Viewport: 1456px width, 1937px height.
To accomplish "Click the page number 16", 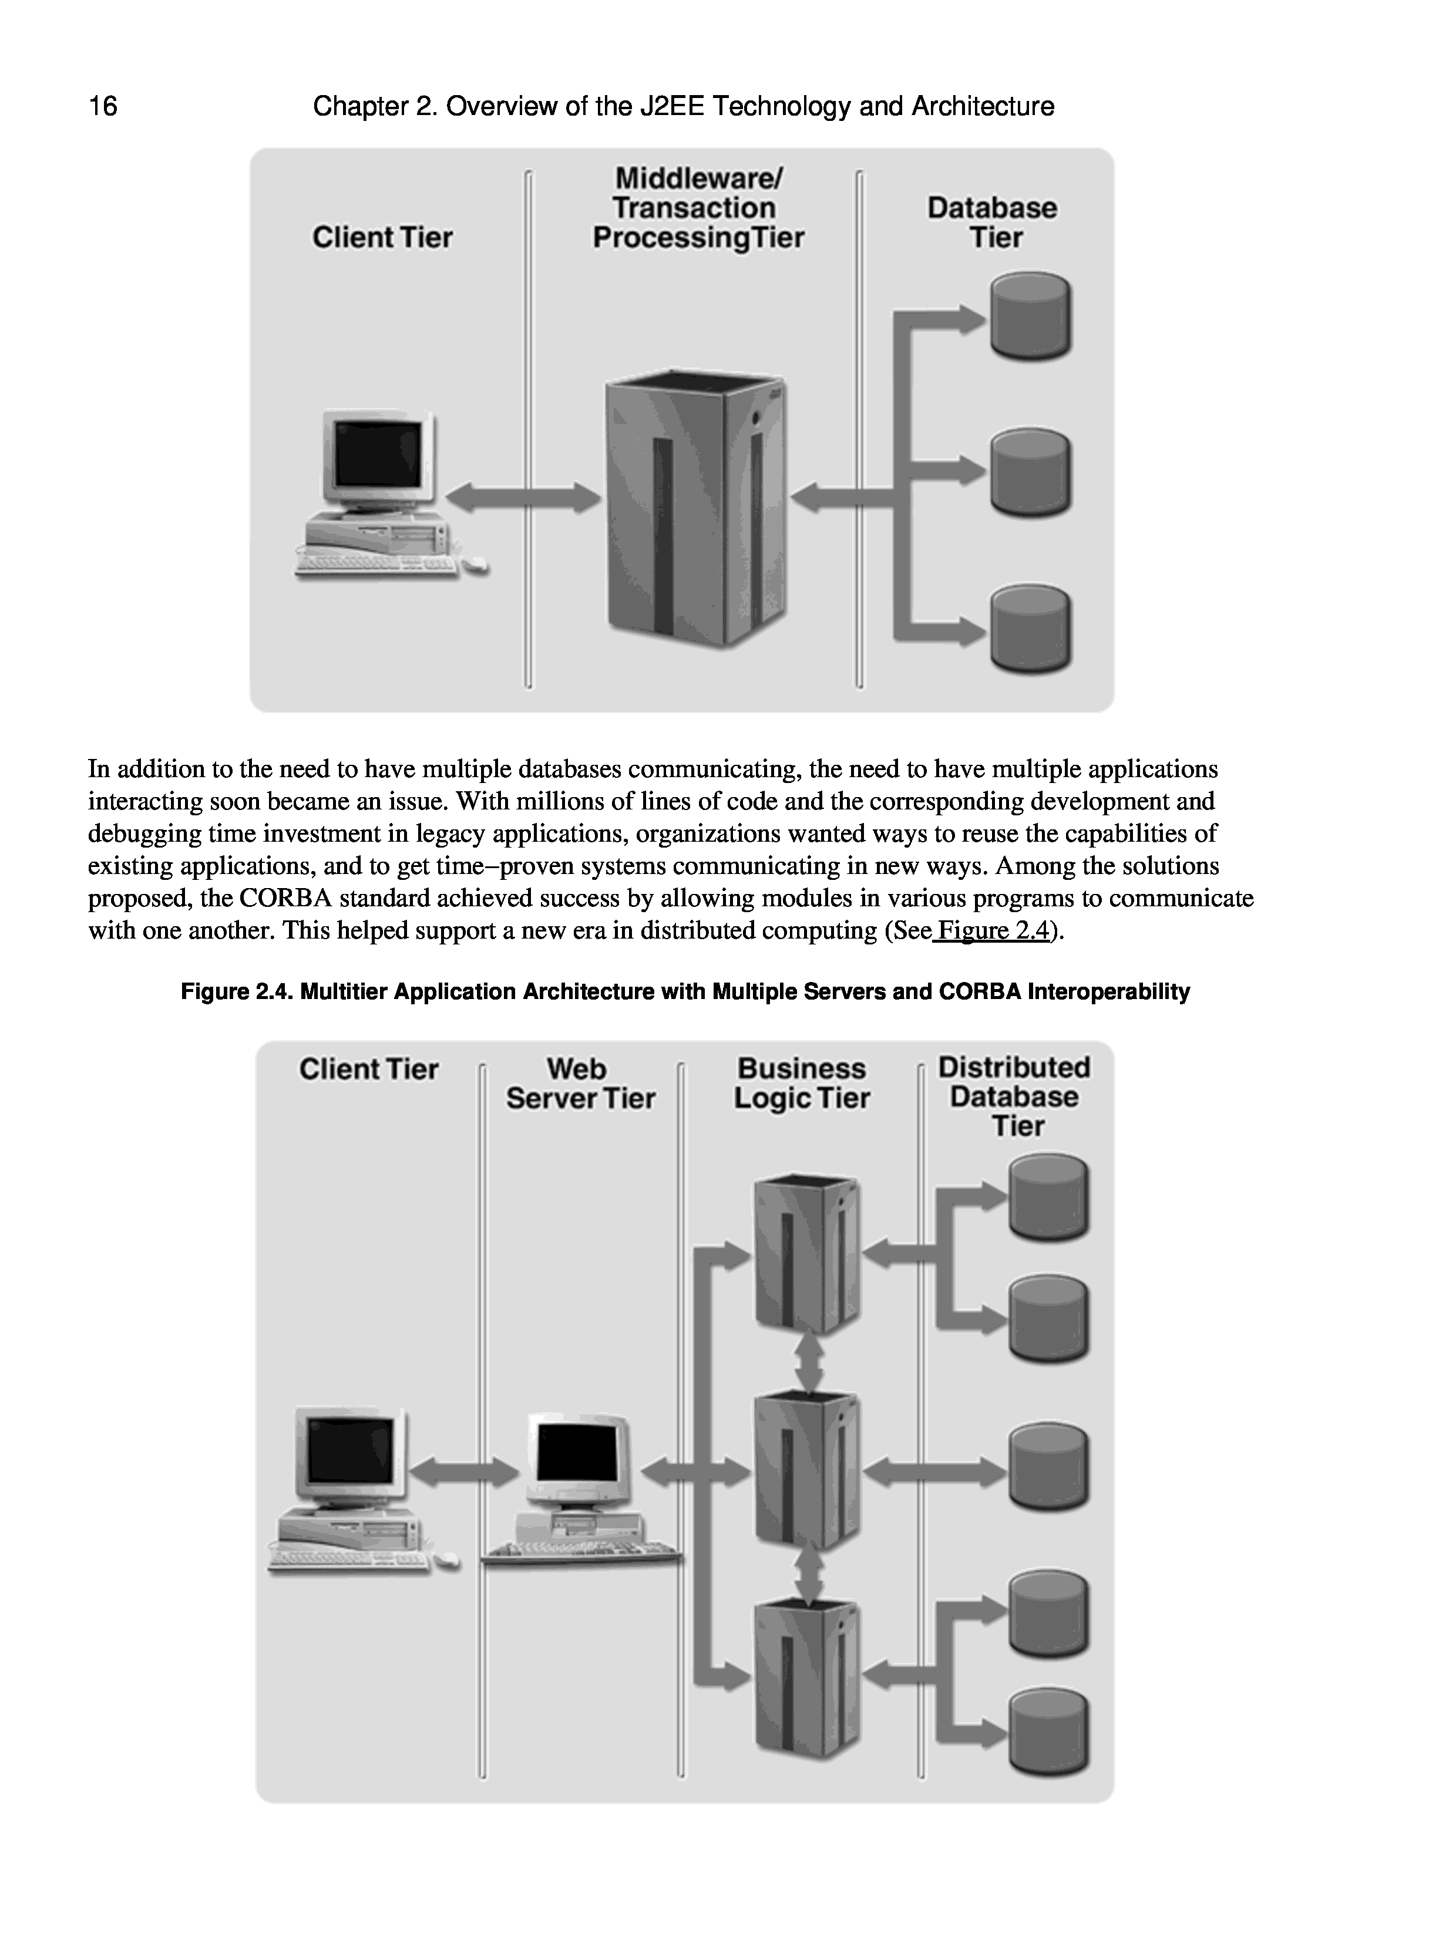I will click(103, 106).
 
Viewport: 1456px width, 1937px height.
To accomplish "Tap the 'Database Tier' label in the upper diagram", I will click(991, 222).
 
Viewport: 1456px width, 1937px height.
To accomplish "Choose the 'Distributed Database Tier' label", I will click(1014, 1096).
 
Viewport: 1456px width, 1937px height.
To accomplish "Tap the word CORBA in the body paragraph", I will click(284, 899).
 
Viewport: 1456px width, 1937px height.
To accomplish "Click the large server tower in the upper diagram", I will click(697, 512).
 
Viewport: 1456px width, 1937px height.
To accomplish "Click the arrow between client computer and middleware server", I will click(523, 497).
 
